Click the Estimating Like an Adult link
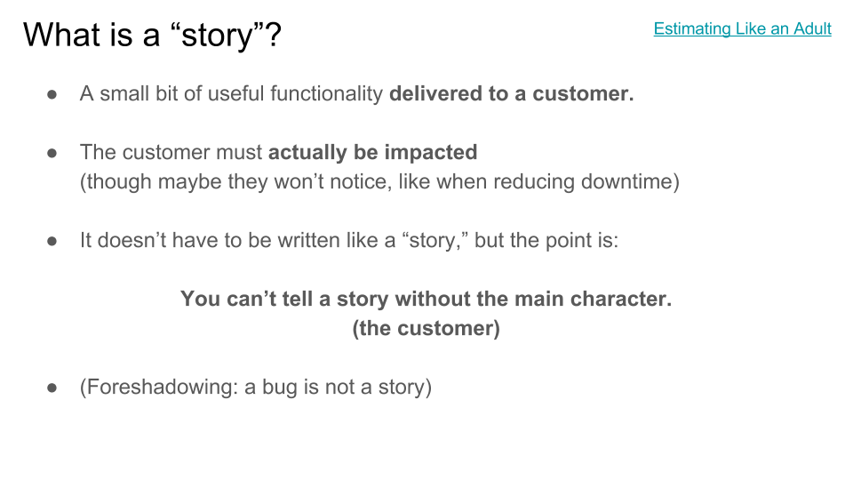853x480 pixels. (x=743, y=28)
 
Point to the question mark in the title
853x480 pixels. (x=273, y=35)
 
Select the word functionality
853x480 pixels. (x=326, y=93)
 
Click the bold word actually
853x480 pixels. (x=308, y=152)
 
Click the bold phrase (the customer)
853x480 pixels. (x=426, y=328)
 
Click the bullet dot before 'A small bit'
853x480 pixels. (x=52, y=95)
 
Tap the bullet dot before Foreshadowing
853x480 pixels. (x=52, y=388)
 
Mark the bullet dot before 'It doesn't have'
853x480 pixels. (x=52, y=241)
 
